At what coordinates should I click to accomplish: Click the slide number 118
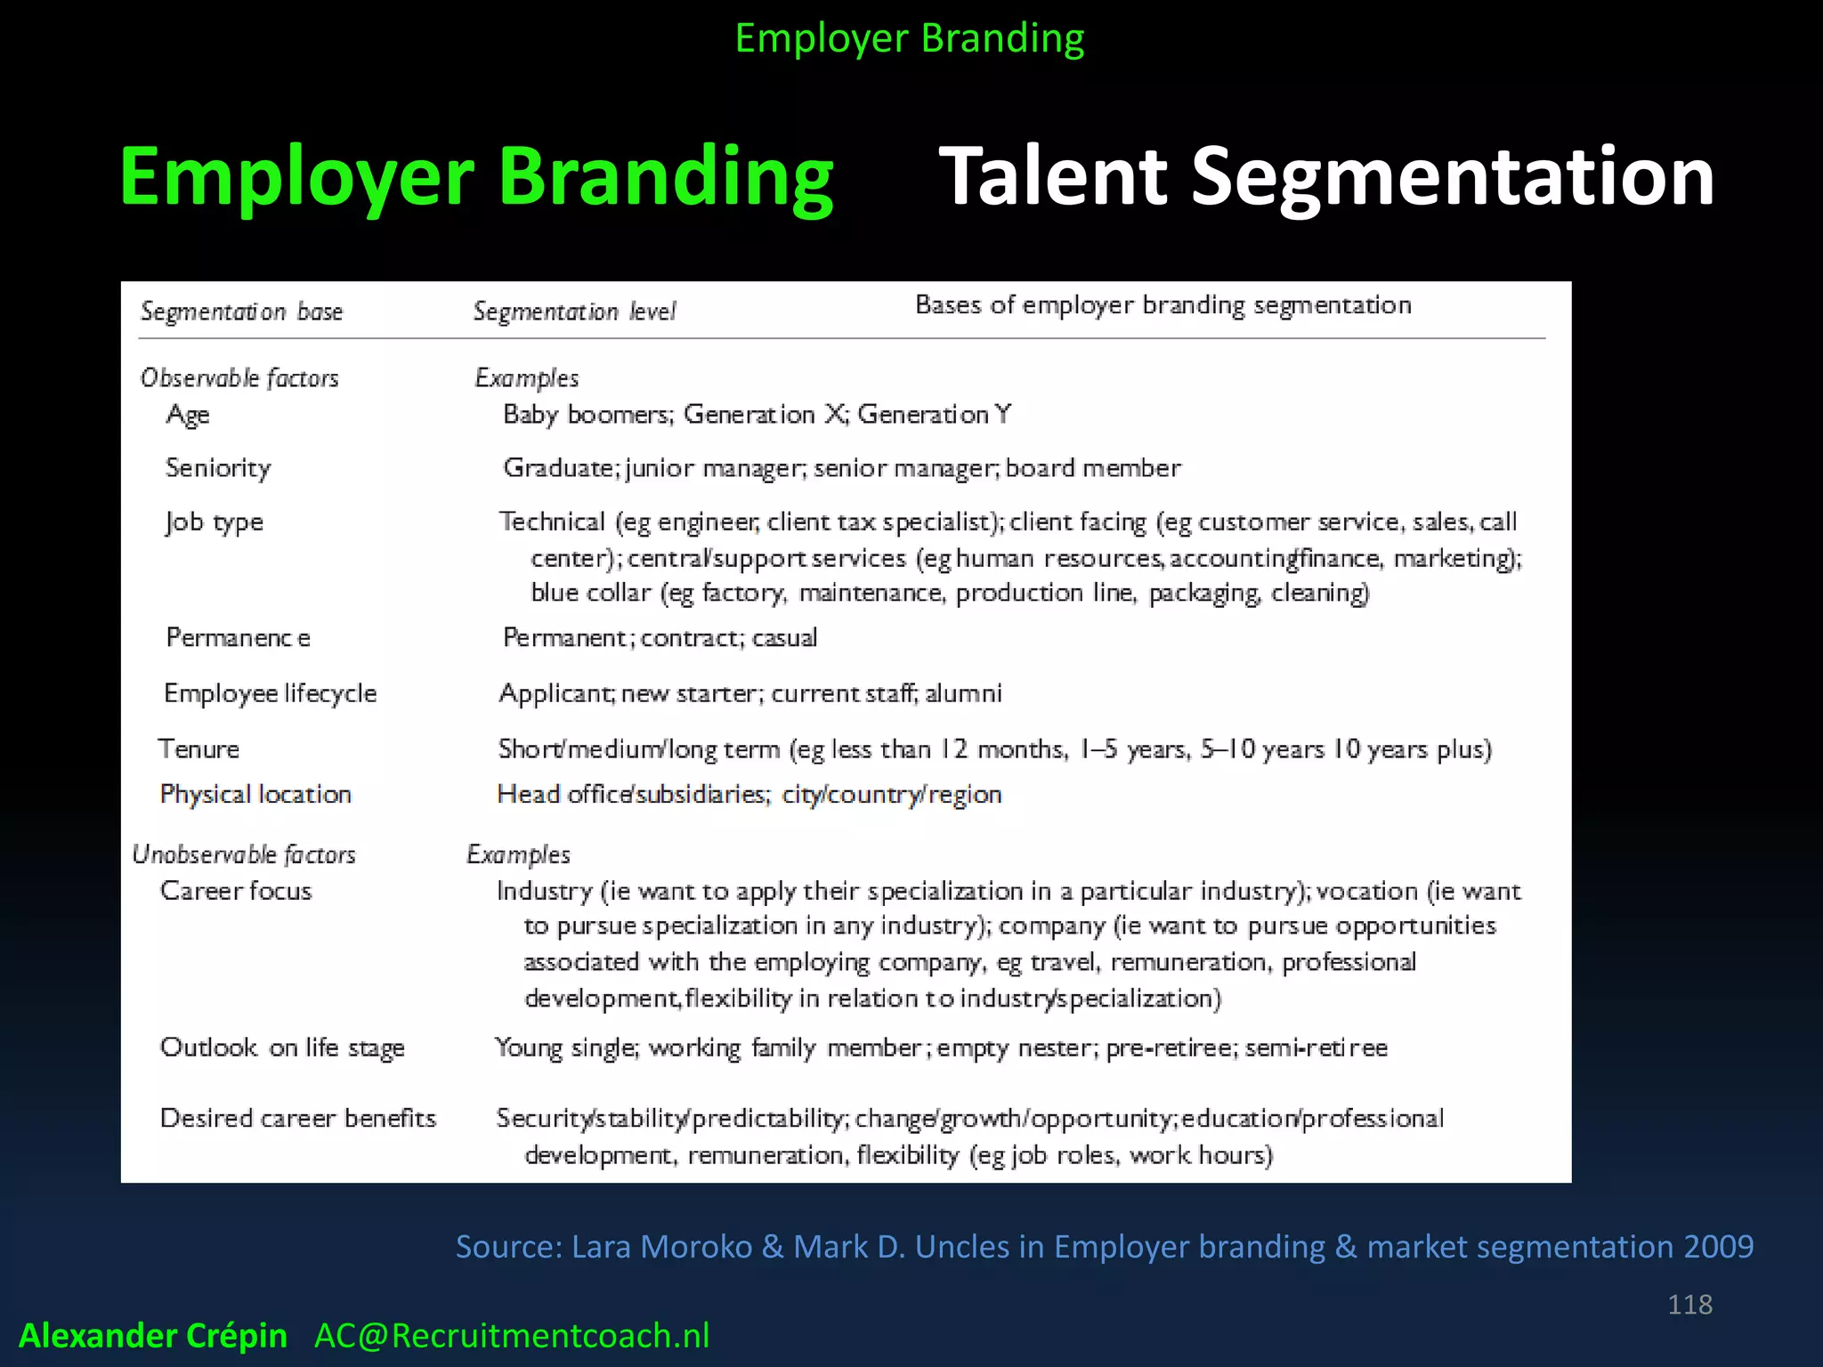tap(1689, 1304)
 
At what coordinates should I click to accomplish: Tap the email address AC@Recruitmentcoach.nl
tap(512, 1335)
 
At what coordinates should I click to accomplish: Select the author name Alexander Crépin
tap(153, 1335)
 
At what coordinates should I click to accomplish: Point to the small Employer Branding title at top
tap(910, 38)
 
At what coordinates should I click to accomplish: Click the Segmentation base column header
tap(241, 311)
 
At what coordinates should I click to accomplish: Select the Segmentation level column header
tap(574, 311)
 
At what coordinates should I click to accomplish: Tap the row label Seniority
tap(218, 467)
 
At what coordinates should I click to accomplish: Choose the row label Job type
tap(215, 522)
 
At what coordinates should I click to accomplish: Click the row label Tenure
tap(199, 748)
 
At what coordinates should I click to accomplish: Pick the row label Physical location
tap(255, 794)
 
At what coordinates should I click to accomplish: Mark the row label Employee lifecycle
tap(270, 693)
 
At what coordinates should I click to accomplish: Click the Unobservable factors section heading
tap(244, 854)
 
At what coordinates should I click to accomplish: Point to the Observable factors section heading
tap(239, 378)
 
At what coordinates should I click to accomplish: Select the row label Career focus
tap(236, 891)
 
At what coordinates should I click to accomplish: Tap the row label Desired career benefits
tap(298, 1118)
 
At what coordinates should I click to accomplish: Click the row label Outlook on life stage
tap(282, 1047)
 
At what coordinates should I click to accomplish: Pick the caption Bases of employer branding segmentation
tap(1163, 305)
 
